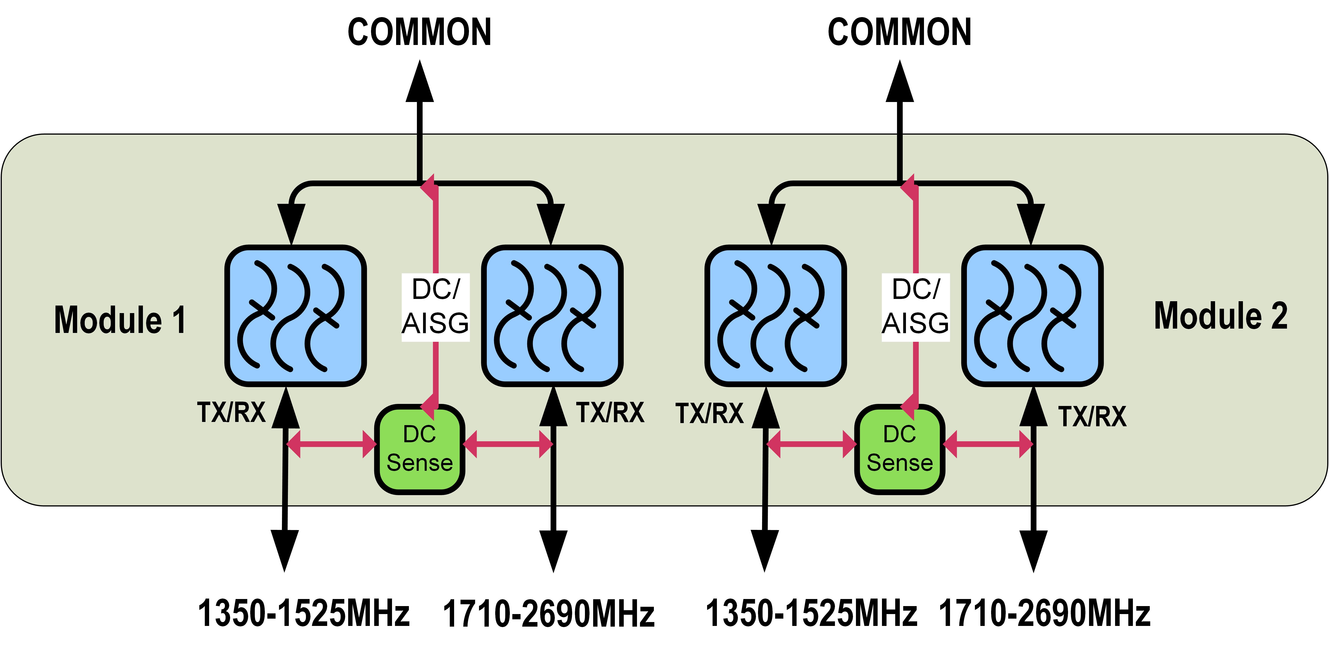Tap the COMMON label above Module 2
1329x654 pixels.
pos(899,32)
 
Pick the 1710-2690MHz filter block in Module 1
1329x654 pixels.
pos(552,316)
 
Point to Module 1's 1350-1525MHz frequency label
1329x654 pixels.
pos(303,613)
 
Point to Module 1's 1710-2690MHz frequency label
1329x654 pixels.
pos(548,614)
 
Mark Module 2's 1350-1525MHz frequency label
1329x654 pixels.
pos(811,613)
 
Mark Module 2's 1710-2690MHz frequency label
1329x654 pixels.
pos(1044,613)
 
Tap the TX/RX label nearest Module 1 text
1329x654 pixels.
pos(231,413)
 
